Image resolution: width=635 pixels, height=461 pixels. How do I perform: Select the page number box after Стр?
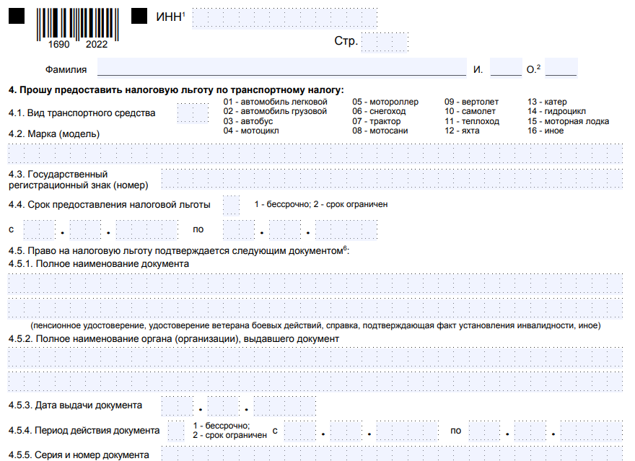385,42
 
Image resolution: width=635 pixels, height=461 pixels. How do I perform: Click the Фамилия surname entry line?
281,69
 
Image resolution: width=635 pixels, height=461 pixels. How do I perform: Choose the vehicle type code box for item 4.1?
192,113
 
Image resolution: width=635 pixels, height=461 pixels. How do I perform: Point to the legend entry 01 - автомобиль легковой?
275,102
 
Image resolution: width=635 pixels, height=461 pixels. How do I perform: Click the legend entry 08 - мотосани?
380,131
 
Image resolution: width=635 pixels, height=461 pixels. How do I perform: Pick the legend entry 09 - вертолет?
471,102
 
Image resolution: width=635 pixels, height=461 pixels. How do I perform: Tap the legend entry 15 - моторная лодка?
568,121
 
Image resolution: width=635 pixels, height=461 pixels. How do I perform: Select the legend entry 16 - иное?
546,131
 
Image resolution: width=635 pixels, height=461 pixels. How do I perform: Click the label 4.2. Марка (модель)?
54,134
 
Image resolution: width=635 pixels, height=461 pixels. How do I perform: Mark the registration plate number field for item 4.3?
391,180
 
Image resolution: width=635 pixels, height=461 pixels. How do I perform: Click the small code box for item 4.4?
231,205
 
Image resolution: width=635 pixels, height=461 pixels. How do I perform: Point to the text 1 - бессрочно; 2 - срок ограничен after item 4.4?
321,204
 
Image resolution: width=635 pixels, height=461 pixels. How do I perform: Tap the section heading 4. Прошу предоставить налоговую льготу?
176,90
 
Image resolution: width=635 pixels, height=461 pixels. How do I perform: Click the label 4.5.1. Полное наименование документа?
99,264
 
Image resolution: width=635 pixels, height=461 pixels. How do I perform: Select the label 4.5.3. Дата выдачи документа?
75,405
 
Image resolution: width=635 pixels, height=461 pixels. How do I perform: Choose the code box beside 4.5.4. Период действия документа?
176,431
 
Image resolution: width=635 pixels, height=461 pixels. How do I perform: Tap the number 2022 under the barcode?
96,45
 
